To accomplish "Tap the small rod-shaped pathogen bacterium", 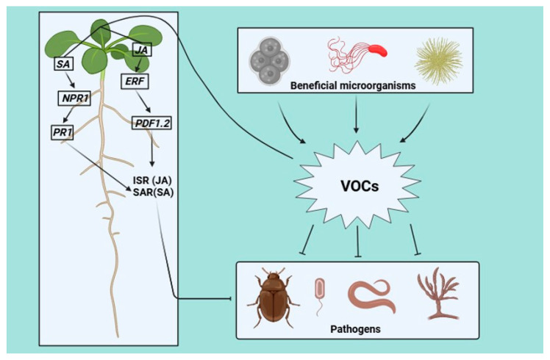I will [319, 289].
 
